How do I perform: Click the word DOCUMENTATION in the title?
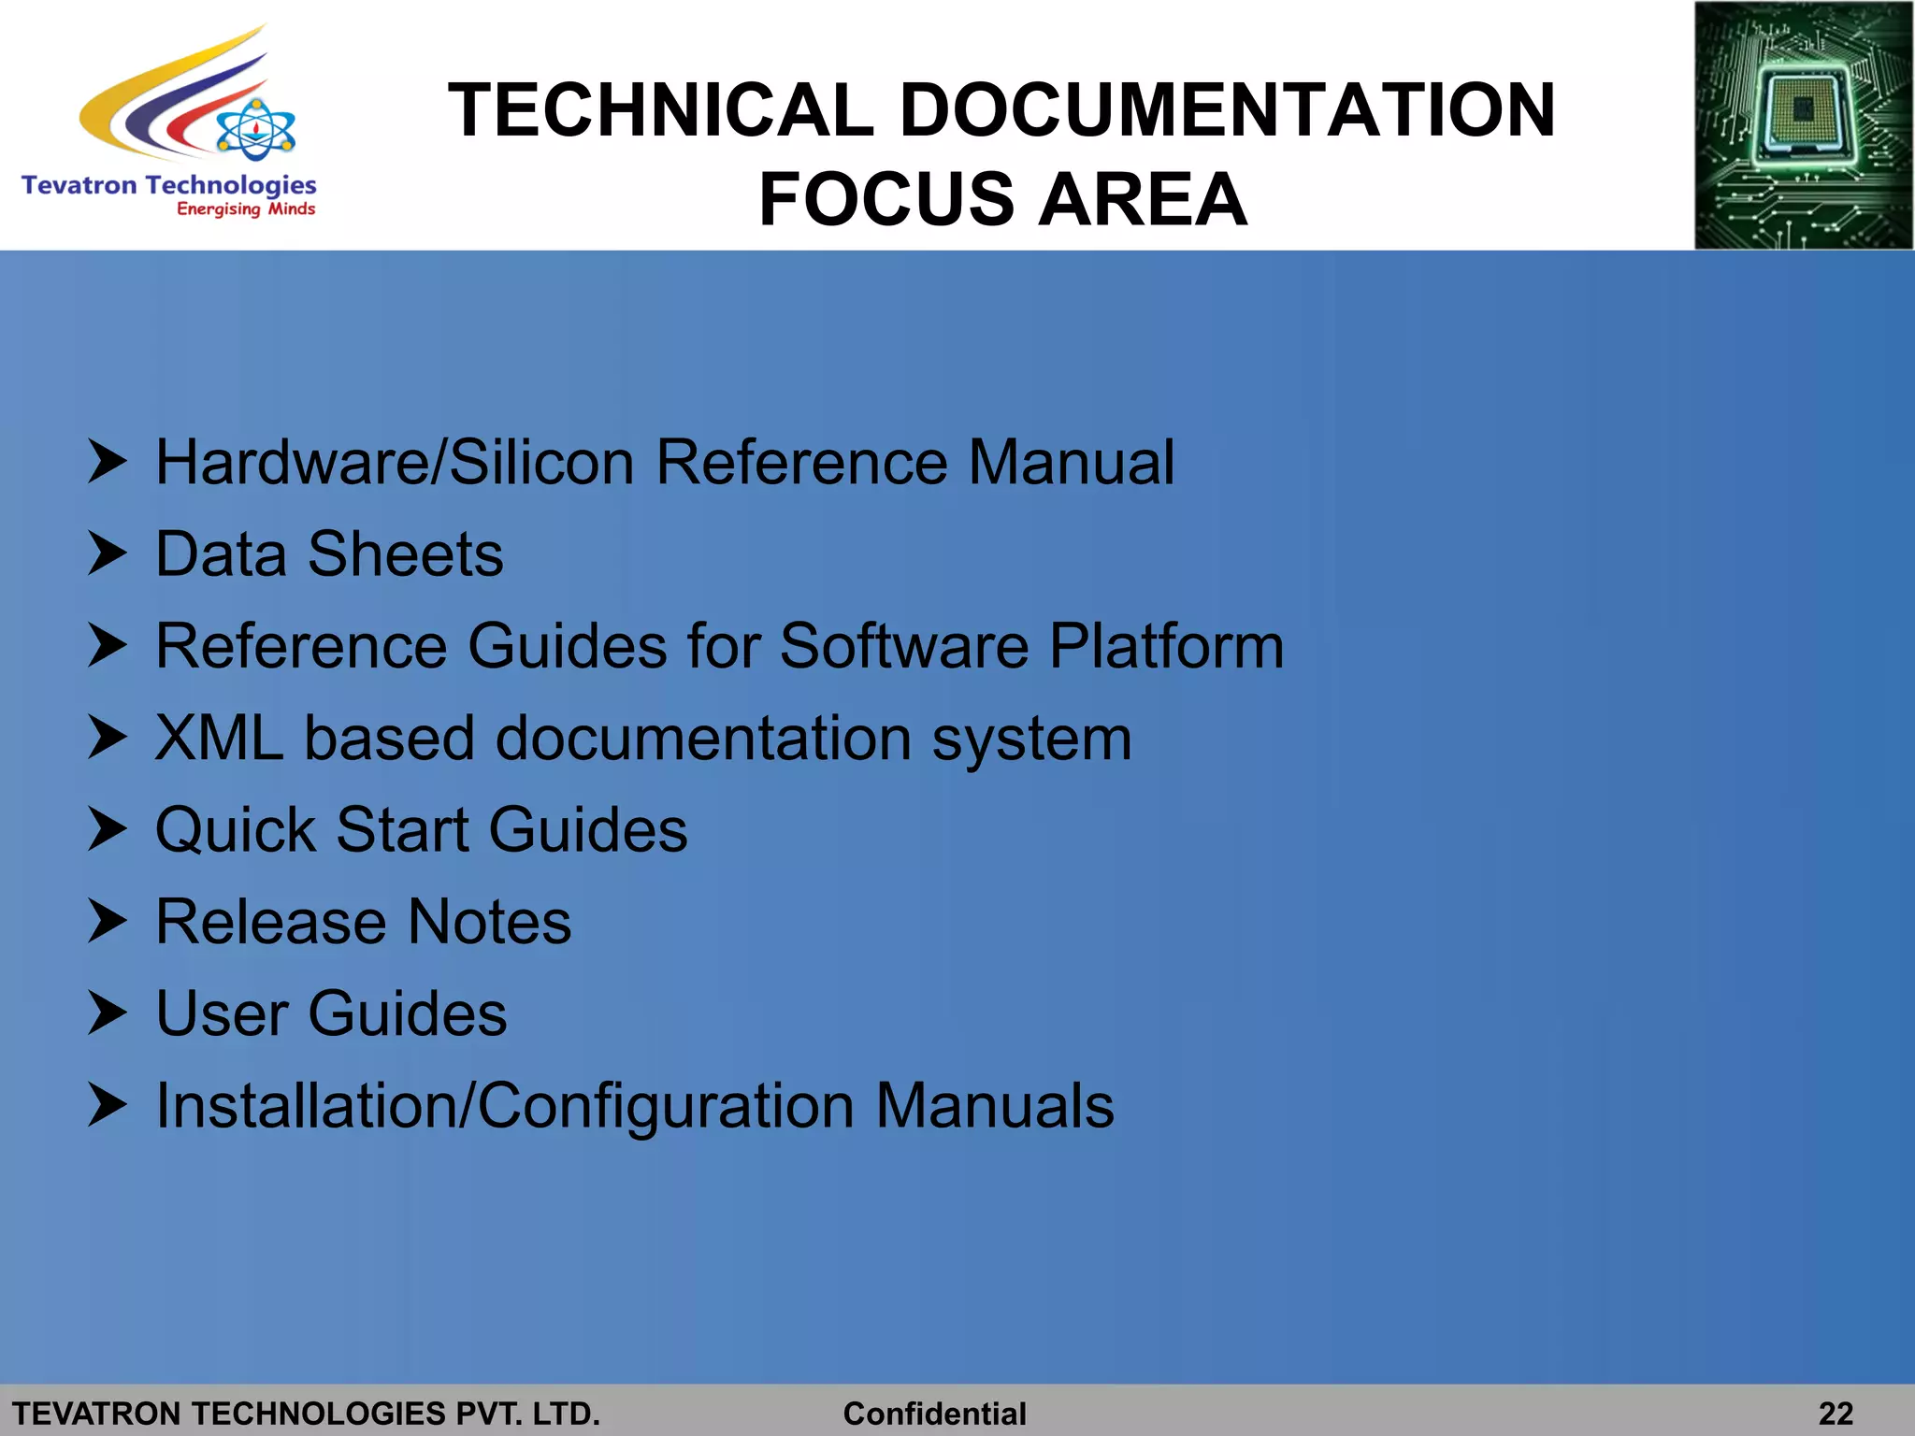(1227, 110)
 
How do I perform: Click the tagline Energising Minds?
(246, 209)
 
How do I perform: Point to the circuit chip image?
(1803, 125)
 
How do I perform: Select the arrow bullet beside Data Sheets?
(107, 553)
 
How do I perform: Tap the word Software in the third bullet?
(904, 646)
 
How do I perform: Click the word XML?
(219, 739)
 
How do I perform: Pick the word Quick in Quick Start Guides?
(236, 830)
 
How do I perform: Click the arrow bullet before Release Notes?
(107, 921)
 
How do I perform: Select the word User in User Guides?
(222, 1013)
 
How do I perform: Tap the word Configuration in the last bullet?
(667, 1106)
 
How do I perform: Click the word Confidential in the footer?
(934, 1414)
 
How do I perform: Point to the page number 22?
(1836, 1413)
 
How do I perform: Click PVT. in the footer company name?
(489, 1414)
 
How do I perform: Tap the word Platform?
(1166, 646)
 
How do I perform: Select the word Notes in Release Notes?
(489, 922)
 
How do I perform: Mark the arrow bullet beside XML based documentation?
(107, 738)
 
